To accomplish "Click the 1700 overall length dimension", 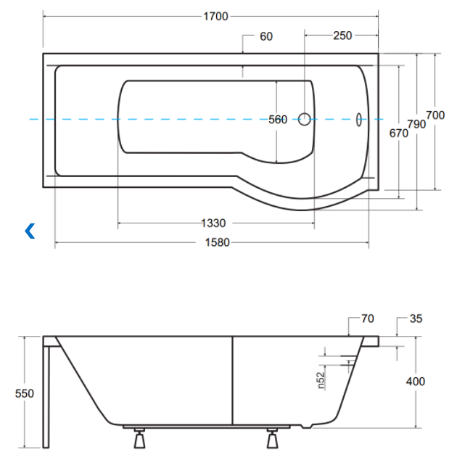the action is [x=215, y=16].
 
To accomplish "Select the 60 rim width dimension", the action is [x=266, y=36].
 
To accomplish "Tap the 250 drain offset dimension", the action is [x=342, y=36].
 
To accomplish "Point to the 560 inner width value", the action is [x=278, y=120].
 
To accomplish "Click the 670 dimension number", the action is [x=398, y=133].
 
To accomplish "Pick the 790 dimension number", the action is [x=416, y=124].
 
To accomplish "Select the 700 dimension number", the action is [x=435, y=115].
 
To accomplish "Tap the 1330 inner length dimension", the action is [x=213, y=223].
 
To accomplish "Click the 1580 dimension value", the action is [x=218, y=242].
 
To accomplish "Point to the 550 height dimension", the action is [x=25, y=393].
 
